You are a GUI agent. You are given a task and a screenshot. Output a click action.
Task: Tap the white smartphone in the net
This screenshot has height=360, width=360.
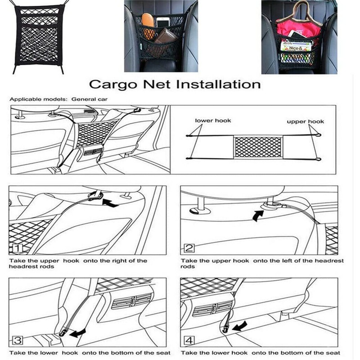(163, 24)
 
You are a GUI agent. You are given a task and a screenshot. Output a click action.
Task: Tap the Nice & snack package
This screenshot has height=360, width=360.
(295, 46)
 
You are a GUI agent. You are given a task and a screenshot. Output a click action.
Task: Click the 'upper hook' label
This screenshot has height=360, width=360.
(306, 121)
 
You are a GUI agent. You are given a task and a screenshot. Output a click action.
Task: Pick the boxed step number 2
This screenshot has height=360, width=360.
(189, 248)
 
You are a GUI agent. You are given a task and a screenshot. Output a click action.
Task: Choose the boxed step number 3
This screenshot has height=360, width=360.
(17, 340)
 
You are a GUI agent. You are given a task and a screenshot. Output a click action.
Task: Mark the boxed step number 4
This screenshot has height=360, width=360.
(189, 340)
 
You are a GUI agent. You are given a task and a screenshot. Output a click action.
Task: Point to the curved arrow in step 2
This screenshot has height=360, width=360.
(257, 216)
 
